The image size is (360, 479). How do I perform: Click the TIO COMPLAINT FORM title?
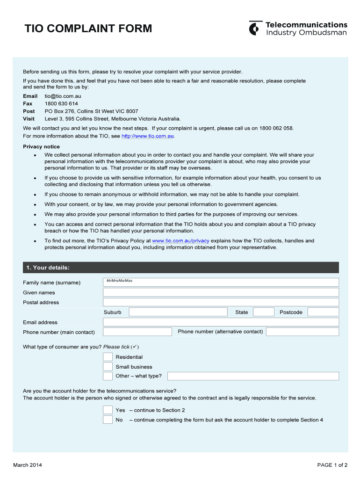click(88, 29)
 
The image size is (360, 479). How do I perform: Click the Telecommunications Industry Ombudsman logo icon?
click(254, 29)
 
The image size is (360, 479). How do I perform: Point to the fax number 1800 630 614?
click(61, 103)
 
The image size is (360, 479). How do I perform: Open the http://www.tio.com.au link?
click(148, 136)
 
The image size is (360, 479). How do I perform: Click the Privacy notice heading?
click(42, 146)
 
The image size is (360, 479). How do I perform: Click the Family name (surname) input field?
click(221, 283)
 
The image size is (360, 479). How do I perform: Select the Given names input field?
click(221, 292)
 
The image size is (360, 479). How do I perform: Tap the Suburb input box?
click(178, 312)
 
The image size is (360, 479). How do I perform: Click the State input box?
click(264, 312)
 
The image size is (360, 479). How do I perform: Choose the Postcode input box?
click(323, 312)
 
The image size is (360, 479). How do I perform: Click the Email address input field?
click(221, 322)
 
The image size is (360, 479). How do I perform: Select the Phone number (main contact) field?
click(137, 332)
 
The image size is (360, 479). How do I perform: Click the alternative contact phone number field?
click(302, 332)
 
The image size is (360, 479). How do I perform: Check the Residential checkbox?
click(108, 357)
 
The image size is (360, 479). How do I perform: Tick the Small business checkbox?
click(108, 367)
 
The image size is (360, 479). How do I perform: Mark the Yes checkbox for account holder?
click(108, 410)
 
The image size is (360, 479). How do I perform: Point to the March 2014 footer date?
click(28, 465)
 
